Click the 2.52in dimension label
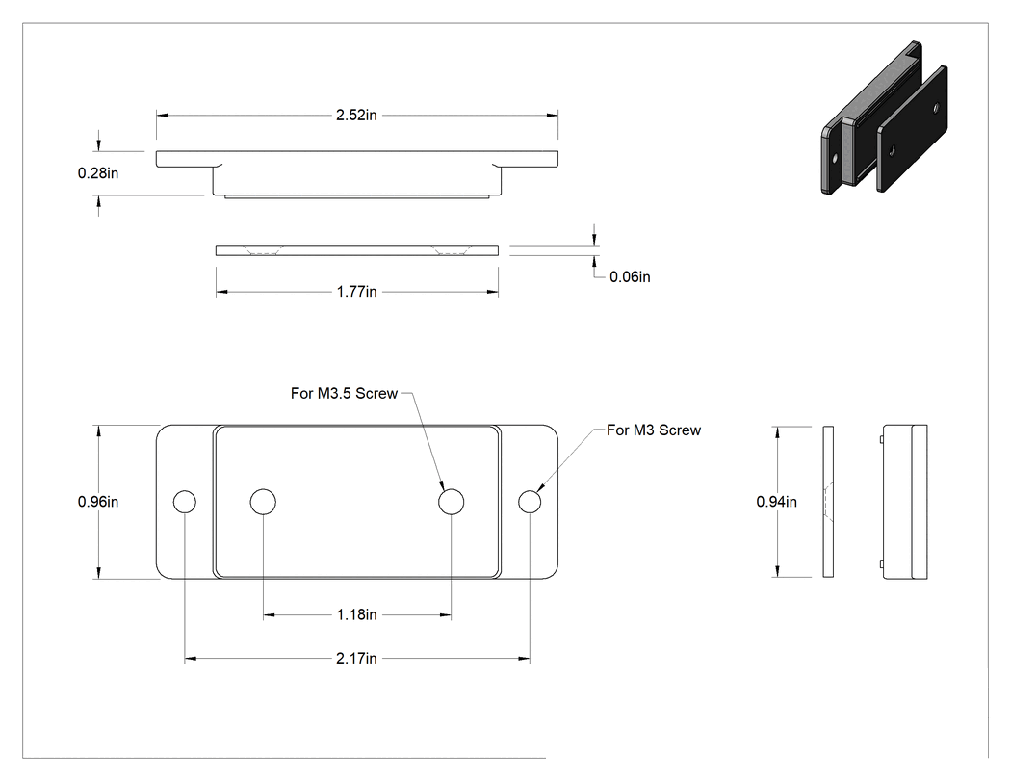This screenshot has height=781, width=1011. point(356,115)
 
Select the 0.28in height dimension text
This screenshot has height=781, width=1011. point(98,172)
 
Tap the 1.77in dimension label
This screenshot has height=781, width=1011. point(356,292)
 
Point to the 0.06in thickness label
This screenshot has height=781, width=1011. point(630,276)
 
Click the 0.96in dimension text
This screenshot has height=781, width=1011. point(98,501)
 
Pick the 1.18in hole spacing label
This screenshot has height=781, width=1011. point(356,614)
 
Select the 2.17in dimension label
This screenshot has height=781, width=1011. point(356,658)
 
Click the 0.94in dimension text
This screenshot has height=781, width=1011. point(776,501)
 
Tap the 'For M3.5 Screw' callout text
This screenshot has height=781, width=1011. point(344,394)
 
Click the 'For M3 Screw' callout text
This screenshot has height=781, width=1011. point(654,430)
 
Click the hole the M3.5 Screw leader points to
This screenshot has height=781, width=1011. point(451,502)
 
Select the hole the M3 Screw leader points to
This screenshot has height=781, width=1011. point(530,502)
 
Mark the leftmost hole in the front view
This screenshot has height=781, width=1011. point(185,502)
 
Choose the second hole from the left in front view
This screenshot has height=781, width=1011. point(263,502)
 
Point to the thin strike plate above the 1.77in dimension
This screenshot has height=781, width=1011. point(356,250)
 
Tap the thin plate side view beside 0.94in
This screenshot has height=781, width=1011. point(828,501)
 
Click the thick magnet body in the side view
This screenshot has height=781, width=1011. point(905,502)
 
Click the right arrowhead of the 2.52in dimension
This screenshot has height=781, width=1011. point(553,116)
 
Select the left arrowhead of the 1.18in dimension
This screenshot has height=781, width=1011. point(269,615)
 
